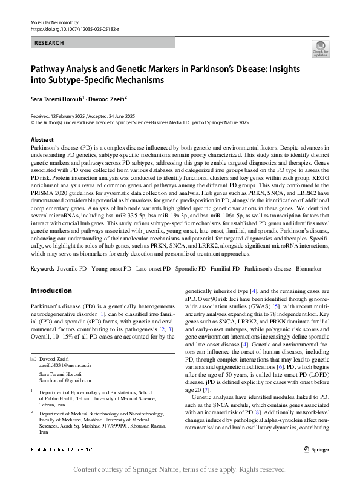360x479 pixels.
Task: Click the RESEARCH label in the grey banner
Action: click(50, 43)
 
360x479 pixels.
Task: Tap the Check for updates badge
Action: click(319, 49)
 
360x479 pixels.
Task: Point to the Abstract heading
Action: click(42, 140)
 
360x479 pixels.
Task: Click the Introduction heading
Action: click(51, 291)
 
